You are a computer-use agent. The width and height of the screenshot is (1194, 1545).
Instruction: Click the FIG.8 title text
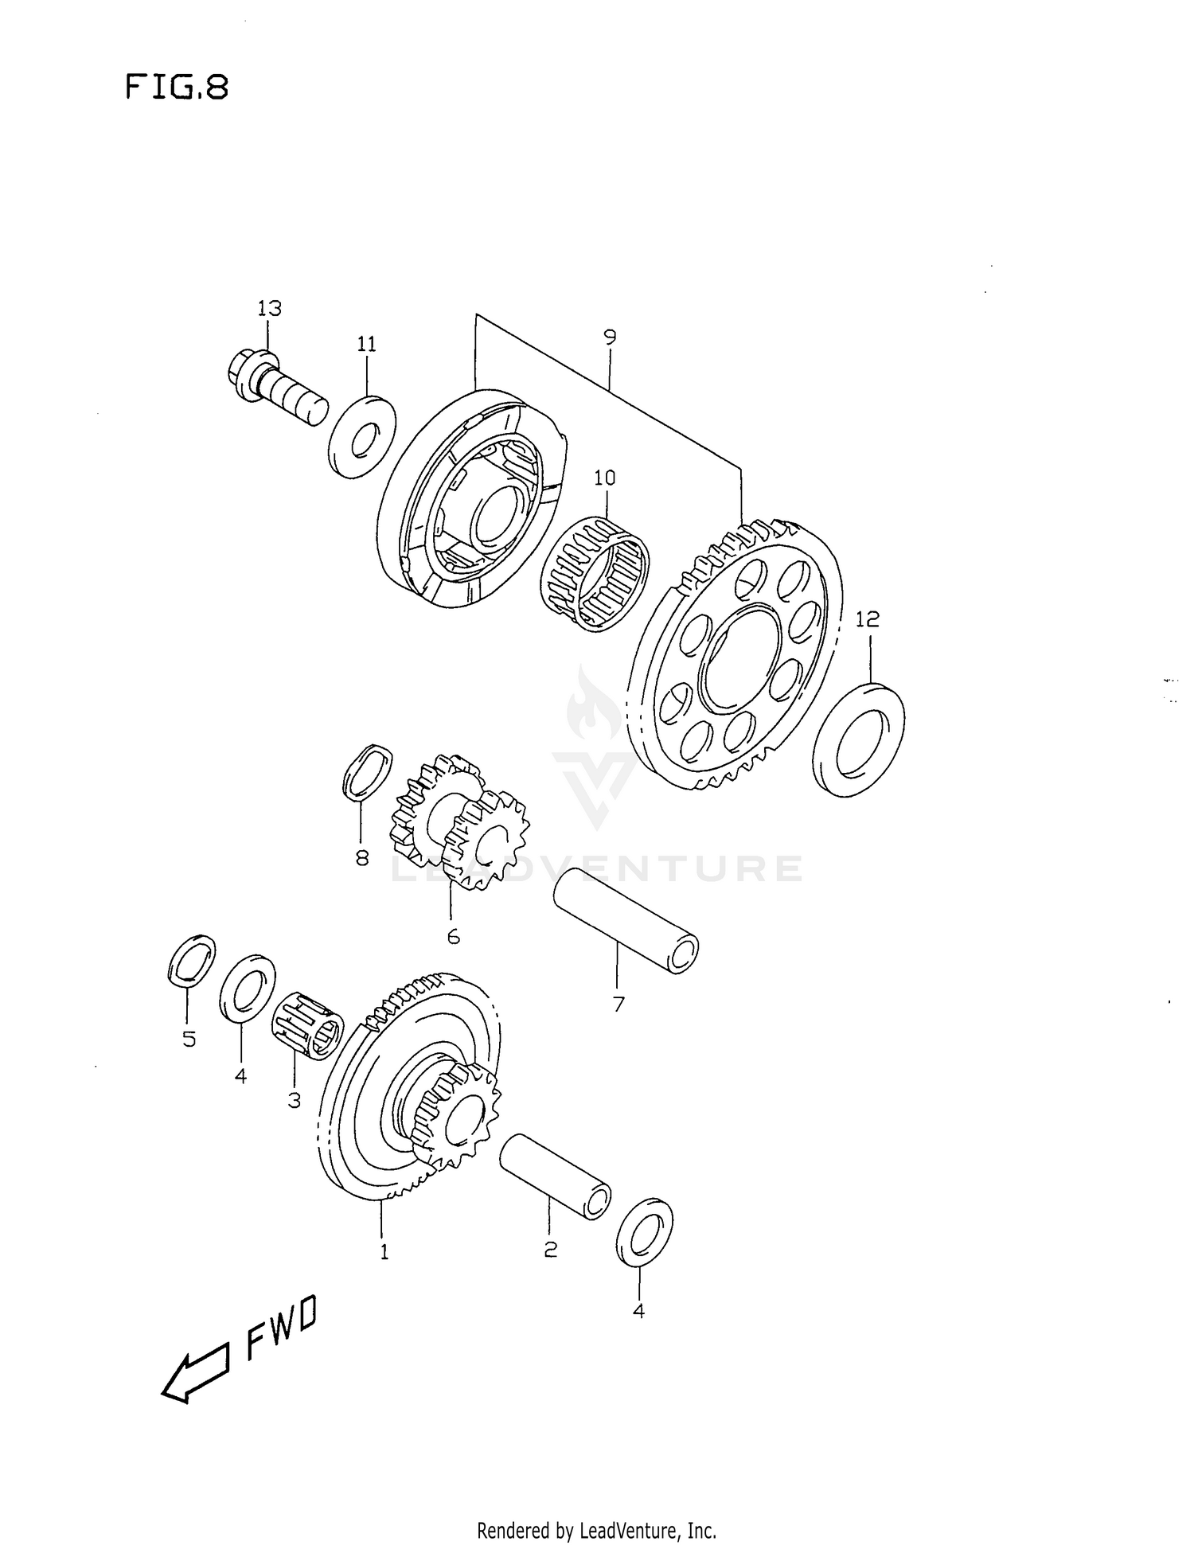pos(177,87)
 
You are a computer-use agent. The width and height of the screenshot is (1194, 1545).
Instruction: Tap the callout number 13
pos(269,309)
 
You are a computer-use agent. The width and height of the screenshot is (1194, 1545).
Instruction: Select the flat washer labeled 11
pos(362,437)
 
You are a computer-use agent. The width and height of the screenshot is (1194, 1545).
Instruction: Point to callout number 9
pos(610,337)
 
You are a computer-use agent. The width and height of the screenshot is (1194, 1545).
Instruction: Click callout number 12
pos(868,618)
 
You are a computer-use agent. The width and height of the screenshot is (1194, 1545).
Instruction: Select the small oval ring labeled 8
pos(367,771)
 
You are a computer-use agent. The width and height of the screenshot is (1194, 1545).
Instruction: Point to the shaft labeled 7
pos(626,921)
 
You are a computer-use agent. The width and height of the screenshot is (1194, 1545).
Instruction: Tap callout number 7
pos(618,1005)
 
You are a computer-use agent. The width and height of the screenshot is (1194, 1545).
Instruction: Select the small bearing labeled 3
pos(307,1024)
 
